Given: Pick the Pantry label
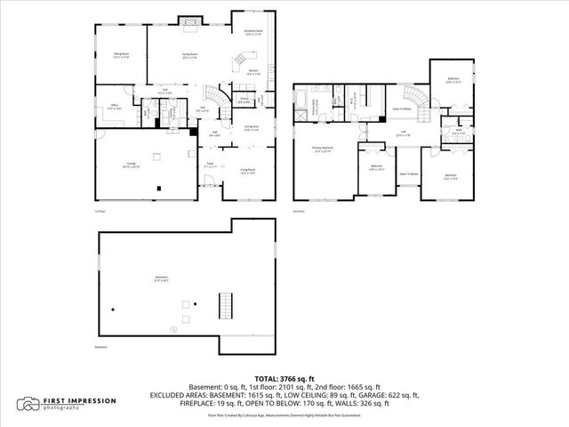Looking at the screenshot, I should click(243, 101).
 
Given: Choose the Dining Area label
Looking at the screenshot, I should click(251, 127).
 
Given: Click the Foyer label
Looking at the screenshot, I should click(211, 165).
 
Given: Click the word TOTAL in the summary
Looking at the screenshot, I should click(268, 378).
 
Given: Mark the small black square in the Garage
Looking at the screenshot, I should click(159, 188).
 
